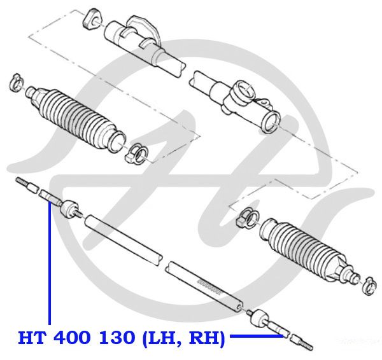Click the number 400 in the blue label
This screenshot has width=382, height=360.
[x=71, y=338]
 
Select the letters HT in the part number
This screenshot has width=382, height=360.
[x=32, y=338]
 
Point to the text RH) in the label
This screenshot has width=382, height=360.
[x=206, y=338]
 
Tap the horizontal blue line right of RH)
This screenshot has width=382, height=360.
[x=257, y=336]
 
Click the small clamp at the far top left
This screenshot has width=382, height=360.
[x=16, y=82]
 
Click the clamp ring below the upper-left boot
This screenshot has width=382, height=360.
[x=137, y=153]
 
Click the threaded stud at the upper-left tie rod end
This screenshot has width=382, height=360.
[x=22, y=183]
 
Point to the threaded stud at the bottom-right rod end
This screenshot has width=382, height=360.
[x=306, y=345]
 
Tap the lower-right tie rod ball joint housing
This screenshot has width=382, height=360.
[x=260, y=318]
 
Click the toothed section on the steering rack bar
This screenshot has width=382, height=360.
[x=209, y=287]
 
